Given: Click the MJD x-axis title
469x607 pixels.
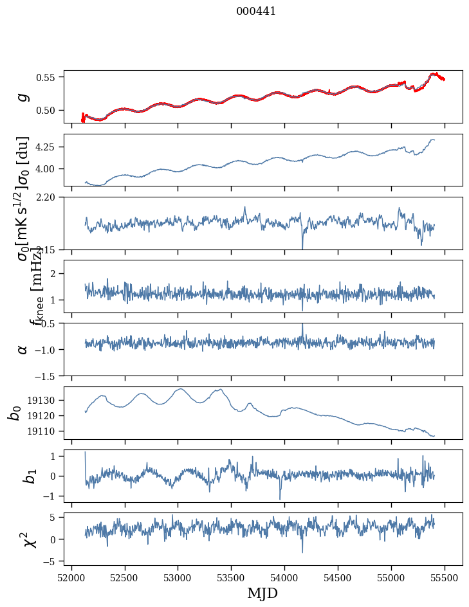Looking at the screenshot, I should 262,593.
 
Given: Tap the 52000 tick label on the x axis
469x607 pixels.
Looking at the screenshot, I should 71,577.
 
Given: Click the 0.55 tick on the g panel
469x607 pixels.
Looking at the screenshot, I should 46,77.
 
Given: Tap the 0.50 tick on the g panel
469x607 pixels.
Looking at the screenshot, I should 46,110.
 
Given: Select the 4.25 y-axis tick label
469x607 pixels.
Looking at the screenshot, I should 46,147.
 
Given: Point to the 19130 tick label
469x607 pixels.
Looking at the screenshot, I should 42,400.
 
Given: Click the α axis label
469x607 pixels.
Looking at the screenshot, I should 23,349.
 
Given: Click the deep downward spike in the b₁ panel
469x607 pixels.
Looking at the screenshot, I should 280,498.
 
